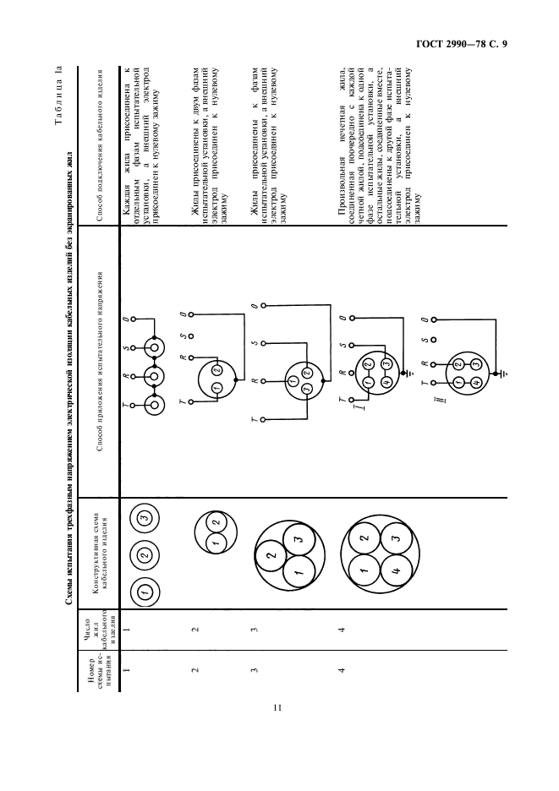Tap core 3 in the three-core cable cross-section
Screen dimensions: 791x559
click(x=296, y=537)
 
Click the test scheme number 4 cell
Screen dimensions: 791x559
click(x=342, y=673)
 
